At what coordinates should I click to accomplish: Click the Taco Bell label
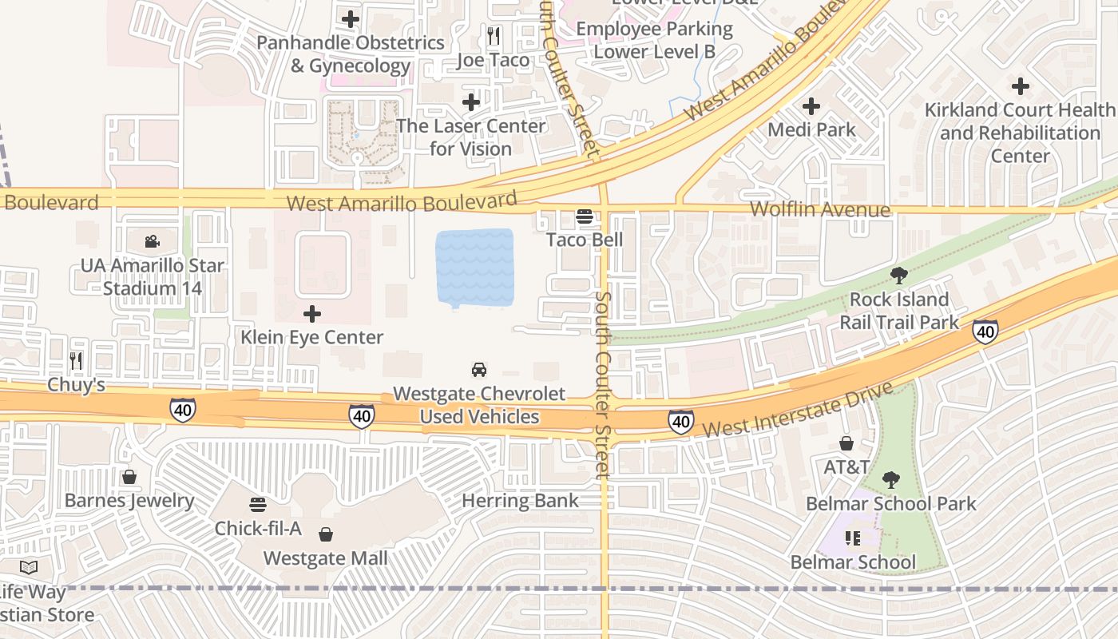point(585,240)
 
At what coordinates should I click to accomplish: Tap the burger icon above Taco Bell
point(585,216)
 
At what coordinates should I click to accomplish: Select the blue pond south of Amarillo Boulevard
point(474,268)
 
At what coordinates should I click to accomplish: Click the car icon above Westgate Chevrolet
point(479,369)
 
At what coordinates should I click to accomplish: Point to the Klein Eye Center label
point(312,337)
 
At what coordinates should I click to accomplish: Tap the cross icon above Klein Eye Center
point(312,314)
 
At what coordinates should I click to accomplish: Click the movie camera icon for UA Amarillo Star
point(152,241)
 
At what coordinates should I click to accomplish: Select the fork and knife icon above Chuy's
point(76,361)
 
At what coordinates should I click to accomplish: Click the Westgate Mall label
point(326,558)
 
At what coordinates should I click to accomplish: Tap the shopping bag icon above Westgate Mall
point(326,534)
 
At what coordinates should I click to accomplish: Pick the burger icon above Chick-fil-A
point(258,505)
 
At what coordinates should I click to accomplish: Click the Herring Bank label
point(521,501)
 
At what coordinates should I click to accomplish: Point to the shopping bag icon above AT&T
point(846,443)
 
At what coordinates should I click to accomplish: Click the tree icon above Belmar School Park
point(890,480)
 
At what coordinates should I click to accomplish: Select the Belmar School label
point(853,562)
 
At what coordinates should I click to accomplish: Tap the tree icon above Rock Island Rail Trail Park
point(899,276)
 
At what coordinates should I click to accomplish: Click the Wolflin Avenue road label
point(820,210)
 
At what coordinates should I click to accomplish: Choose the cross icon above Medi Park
point(811,105)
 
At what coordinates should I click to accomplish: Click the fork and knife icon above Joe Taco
point(494,36)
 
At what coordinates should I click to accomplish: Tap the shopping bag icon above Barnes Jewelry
point(129,477)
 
